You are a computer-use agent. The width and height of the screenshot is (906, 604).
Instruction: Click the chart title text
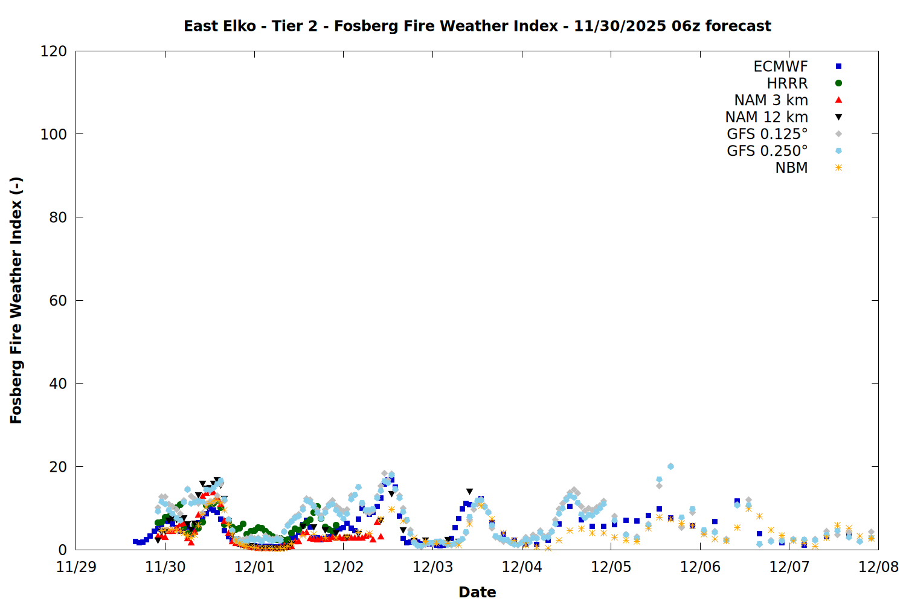click(477, 26)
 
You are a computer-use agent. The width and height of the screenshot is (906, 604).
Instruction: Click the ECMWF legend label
click(780, 66)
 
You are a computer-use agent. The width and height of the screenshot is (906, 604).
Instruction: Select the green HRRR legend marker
click(838, 83)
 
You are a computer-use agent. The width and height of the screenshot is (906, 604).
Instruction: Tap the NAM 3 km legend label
click(771, 100)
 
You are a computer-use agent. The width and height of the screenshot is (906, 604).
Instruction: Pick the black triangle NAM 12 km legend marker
click(838, 117)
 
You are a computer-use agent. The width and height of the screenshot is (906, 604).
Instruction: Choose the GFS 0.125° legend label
click(767, 134)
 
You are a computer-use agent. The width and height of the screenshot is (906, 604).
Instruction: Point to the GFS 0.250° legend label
click(767, 151)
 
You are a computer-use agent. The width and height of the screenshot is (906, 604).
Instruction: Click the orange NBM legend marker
click(838, 168)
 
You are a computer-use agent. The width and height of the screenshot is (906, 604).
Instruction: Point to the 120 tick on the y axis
click(54, 51)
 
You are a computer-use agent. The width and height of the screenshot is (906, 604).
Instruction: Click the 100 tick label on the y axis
click(54, 134)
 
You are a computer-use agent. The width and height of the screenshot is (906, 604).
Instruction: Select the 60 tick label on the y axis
click(58, 300)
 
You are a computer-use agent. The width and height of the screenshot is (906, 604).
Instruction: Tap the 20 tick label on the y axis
click(58, 467)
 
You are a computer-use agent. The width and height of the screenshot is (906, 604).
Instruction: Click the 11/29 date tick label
click(76, 567)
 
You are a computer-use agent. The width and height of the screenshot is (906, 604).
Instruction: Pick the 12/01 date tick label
click(254, 567)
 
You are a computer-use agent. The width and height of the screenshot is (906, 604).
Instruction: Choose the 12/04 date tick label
click(522, 567)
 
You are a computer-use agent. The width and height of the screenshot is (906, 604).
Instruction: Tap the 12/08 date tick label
click(878, 567)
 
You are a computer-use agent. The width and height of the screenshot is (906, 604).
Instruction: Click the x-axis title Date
click(477, 592)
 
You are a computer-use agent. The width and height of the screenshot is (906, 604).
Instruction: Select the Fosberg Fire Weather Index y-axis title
click(16, 300)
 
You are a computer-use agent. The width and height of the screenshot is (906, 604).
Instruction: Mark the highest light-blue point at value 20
click(670, 466)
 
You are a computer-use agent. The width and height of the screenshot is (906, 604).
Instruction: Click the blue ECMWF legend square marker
click(838, 66)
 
